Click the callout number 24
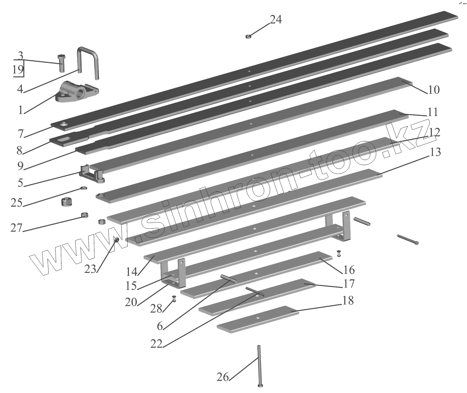(276, 20)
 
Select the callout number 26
(223, 377)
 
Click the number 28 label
(156, 309)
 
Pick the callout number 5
(20, 183)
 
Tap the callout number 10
(434, 90)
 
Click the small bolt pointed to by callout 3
(61, 62)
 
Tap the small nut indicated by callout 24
(248, 37)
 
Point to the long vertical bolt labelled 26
(259, 366)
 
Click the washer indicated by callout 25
(83, 188)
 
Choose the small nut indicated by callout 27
(84, 214)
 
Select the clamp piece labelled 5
(92, 175)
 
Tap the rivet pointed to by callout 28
(174, 299)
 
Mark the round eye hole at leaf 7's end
(64, 124)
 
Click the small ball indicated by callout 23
(116, 239)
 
